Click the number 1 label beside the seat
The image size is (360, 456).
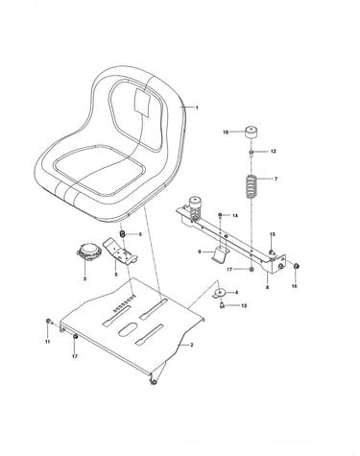tap(197, 108)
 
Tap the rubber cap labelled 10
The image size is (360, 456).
tap(252, 132)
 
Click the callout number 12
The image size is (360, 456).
tap(273, 151)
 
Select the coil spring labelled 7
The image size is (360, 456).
tap(252, 186)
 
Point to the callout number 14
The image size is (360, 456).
tap(235, 216)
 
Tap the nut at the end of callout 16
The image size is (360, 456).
tap(296, 266)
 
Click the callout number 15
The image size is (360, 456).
tap(273, 234)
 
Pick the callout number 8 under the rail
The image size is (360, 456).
tap(267, 287)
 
